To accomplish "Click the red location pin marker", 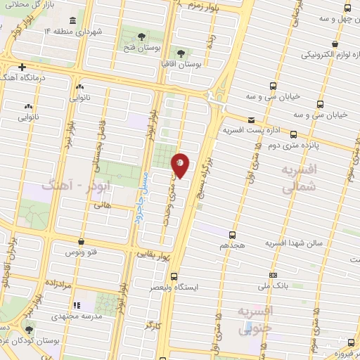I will (x=181, y=165).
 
